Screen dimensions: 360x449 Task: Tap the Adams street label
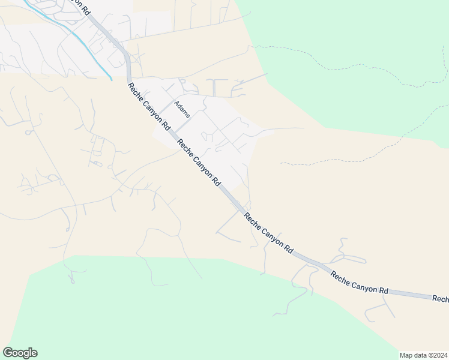click(x=182, y=109)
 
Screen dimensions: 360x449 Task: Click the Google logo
click(x=20, y=353)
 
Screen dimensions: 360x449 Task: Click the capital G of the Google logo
click(x=7, y=353)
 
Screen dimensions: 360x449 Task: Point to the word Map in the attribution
click(x=407, y=355)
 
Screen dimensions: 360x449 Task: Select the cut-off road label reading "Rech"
click(x=440, y=298)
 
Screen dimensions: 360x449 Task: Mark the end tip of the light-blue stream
click(x=111, y=79)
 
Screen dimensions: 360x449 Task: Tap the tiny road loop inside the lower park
click(x=72, y=279)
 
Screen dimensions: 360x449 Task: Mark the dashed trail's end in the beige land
click(x=281, y=163)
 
